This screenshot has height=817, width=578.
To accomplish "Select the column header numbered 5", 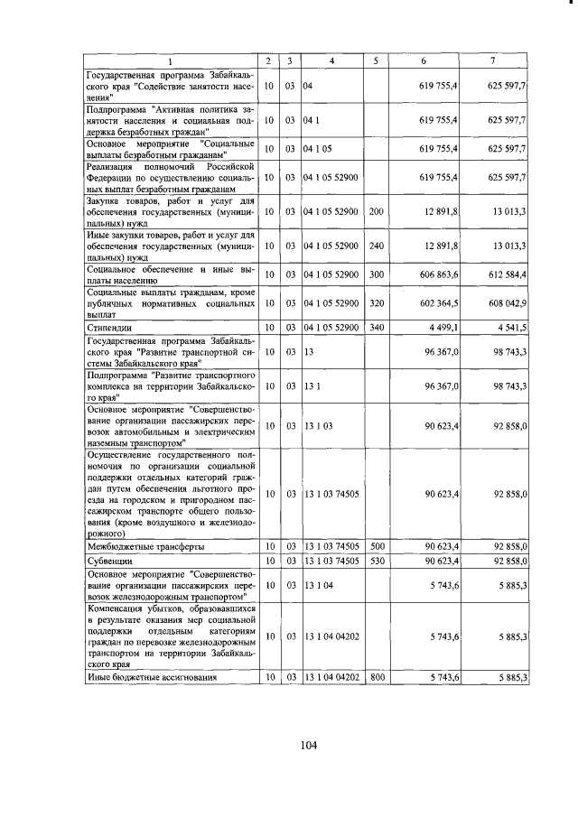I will click(375, 61).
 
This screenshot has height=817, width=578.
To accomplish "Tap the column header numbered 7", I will click(492, 61).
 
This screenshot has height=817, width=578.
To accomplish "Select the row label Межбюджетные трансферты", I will click(144, 546).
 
